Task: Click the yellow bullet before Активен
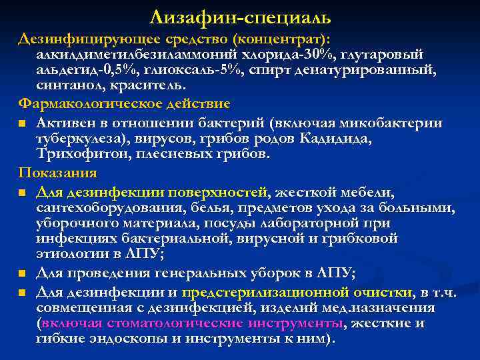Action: point(23,123)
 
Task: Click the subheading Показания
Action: point(57,173)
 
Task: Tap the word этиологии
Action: point(74,255)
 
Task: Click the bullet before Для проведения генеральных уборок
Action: point(23,273)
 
